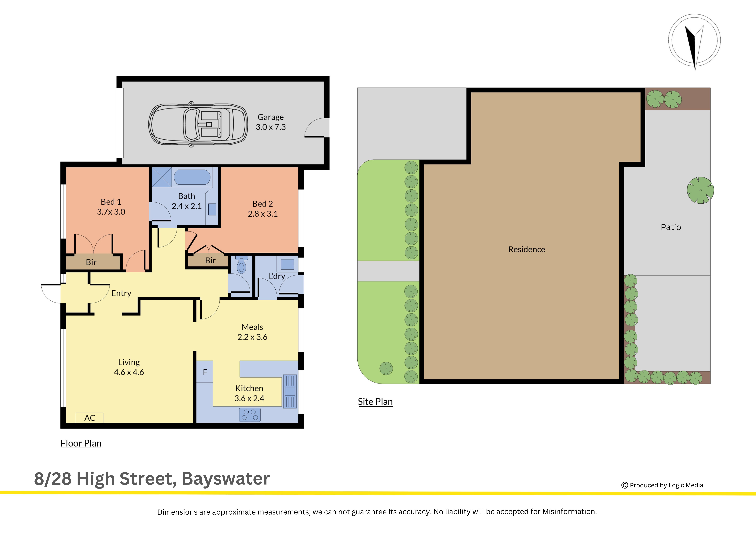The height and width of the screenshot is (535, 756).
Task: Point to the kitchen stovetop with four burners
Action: point(250,415)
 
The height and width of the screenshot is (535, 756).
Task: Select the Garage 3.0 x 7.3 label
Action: point(271,122)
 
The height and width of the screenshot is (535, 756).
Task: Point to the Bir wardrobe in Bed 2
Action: point(208,260)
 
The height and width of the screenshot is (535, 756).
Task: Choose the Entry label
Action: point(121,293)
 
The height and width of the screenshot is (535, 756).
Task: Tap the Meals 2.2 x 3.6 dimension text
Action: point(252,337)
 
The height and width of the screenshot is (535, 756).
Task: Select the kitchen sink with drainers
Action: point(290,391)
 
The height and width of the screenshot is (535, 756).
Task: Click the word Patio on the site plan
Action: point(671,227)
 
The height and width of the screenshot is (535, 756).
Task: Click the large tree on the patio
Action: point(700,190)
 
